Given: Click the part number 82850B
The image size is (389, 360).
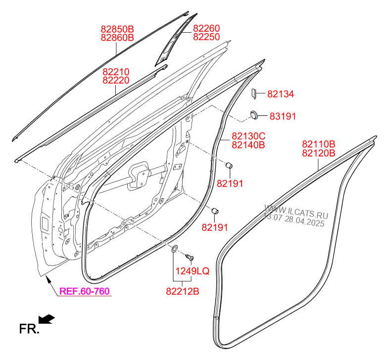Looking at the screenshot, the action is (x=117, y=29).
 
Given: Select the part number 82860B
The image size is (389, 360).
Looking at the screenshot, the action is (x=117, y=38).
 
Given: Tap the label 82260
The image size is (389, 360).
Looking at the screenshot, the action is (x=206, y=28).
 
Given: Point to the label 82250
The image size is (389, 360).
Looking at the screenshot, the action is (x=206, y=37).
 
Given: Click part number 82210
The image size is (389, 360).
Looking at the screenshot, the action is (x=116, y=72).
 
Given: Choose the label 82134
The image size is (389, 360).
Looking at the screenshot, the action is (x=281, y=94).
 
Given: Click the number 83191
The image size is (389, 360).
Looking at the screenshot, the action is (x=283, y=116).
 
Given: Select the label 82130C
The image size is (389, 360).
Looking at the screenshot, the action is (x=248, y=136).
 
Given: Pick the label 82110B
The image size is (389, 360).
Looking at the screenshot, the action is (x=319, y=144).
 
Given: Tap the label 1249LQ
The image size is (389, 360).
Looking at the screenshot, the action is (x=193, y=271).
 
